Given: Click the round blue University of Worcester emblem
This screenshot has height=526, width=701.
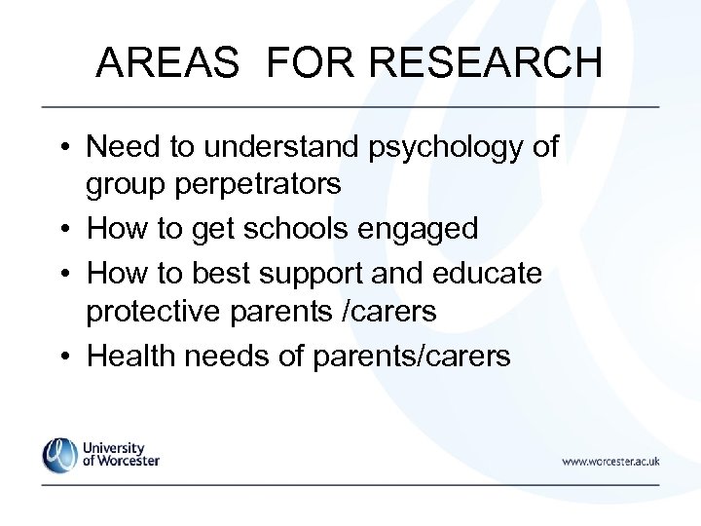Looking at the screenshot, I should click(59, 455).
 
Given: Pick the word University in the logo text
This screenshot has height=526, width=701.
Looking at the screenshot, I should click(115, 446).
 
